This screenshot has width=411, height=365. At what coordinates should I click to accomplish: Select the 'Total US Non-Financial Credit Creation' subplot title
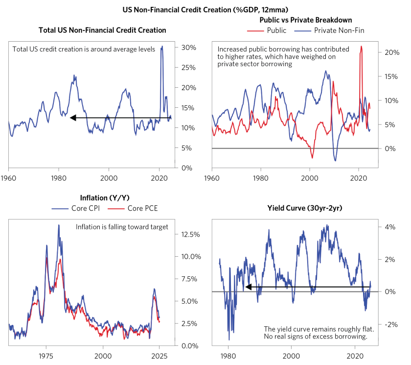coord(102,30)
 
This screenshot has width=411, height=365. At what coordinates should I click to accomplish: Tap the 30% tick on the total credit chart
coord(189,48)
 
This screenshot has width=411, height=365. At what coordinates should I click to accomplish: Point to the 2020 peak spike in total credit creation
coord(162,47)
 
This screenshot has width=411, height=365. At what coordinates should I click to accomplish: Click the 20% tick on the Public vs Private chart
coord(391,52)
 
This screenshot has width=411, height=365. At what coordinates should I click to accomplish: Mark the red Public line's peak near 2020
coord(361,47)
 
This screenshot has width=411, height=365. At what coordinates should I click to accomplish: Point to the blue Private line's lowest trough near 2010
coord(335,160)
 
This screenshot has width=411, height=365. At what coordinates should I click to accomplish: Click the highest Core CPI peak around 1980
coord(59,225)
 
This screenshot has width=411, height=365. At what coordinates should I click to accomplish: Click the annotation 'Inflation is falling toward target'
coord(122,227)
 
